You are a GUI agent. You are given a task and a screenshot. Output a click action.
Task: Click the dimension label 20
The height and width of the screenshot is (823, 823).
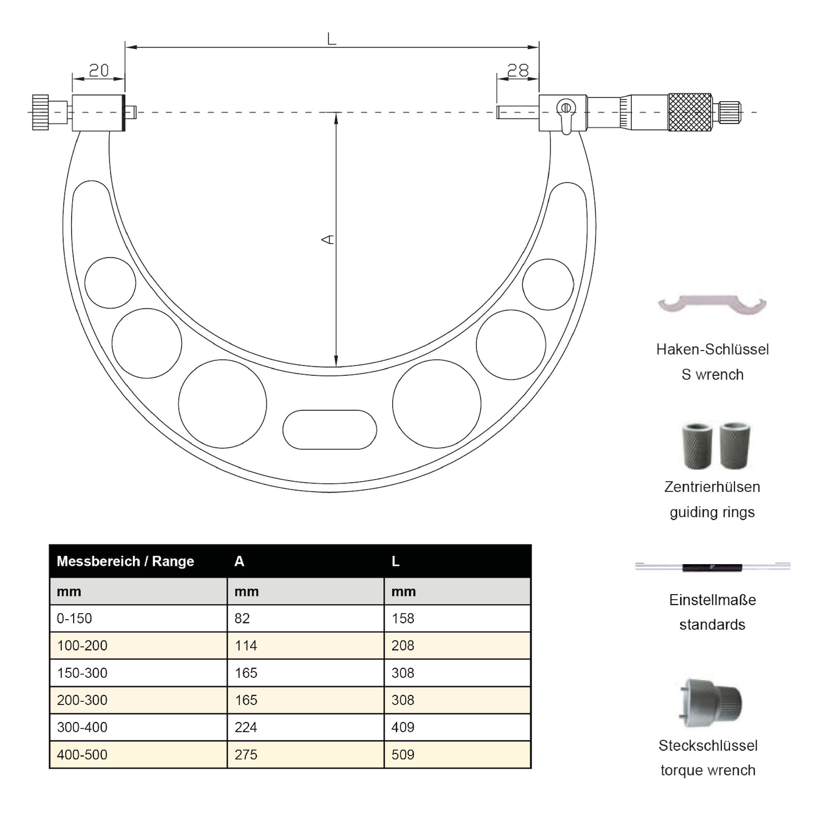99,70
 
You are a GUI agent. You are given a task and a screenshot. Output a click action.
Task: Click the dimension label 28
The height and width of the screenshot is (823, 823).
518,70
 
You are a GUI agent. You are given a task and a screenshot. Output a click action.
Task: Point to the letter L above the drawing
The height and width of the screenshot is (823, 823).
331,39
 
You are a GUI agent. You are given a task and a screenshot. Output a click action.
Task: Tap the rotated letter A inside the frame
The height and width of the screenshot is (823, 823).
328,240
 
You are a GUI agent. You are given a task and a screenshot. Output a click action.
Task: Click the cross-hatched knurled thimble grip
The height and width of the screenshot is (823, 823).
690,112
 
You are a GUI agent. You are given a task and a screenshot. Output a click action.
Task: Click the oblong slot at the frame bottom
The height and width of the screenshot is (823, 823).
330,429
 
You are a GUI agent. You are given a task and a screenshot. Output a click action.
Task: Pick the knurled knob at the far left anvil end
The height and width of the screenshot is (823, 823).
40,112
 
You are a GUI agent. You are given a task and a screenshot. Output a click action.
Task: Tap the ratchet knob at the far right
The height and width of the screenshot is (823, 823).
730,112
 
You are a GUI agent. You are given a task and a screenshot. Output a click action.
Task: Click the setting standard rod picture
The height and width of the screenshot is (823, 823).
712,567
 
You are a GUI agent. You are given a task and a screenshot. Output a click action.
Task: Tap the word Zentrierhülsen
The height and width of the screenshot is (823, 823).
712,487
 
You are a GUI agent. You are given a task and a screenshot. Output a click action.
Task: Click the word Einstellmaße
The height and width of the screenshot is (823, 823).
712,600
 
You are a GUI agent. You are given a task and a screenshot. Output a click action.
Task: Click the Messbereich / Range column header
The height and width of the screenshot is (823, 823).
125,561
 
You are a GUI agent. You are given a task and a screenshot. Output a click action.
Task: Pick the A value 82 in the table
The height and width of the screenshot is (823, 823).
242,618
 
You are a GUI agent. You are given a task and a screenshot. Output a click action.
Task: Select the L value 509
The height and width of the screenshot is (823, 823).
402,755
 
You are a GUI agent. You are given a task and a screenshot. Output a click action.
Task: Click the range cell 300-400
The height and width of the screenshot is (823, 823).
82,728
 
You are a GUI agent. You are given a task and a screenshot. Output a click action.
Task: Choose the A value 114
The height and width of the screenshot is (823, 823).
246,646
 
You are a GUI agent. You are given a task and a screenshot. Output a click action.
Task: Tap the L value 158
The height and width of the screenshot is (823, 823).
402,618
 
